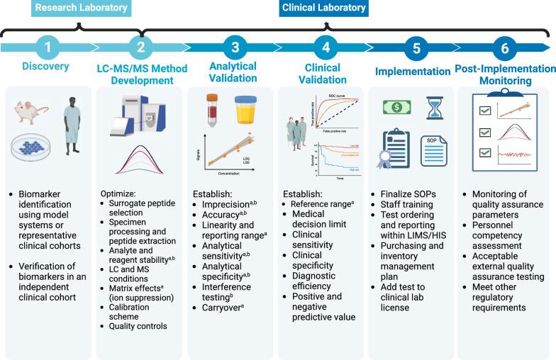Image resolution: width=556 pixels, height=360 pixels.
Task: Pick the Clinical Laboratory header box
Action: point(324,8)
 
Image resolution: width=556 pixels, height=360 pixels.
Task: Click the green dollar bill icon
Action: point(396,106)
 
